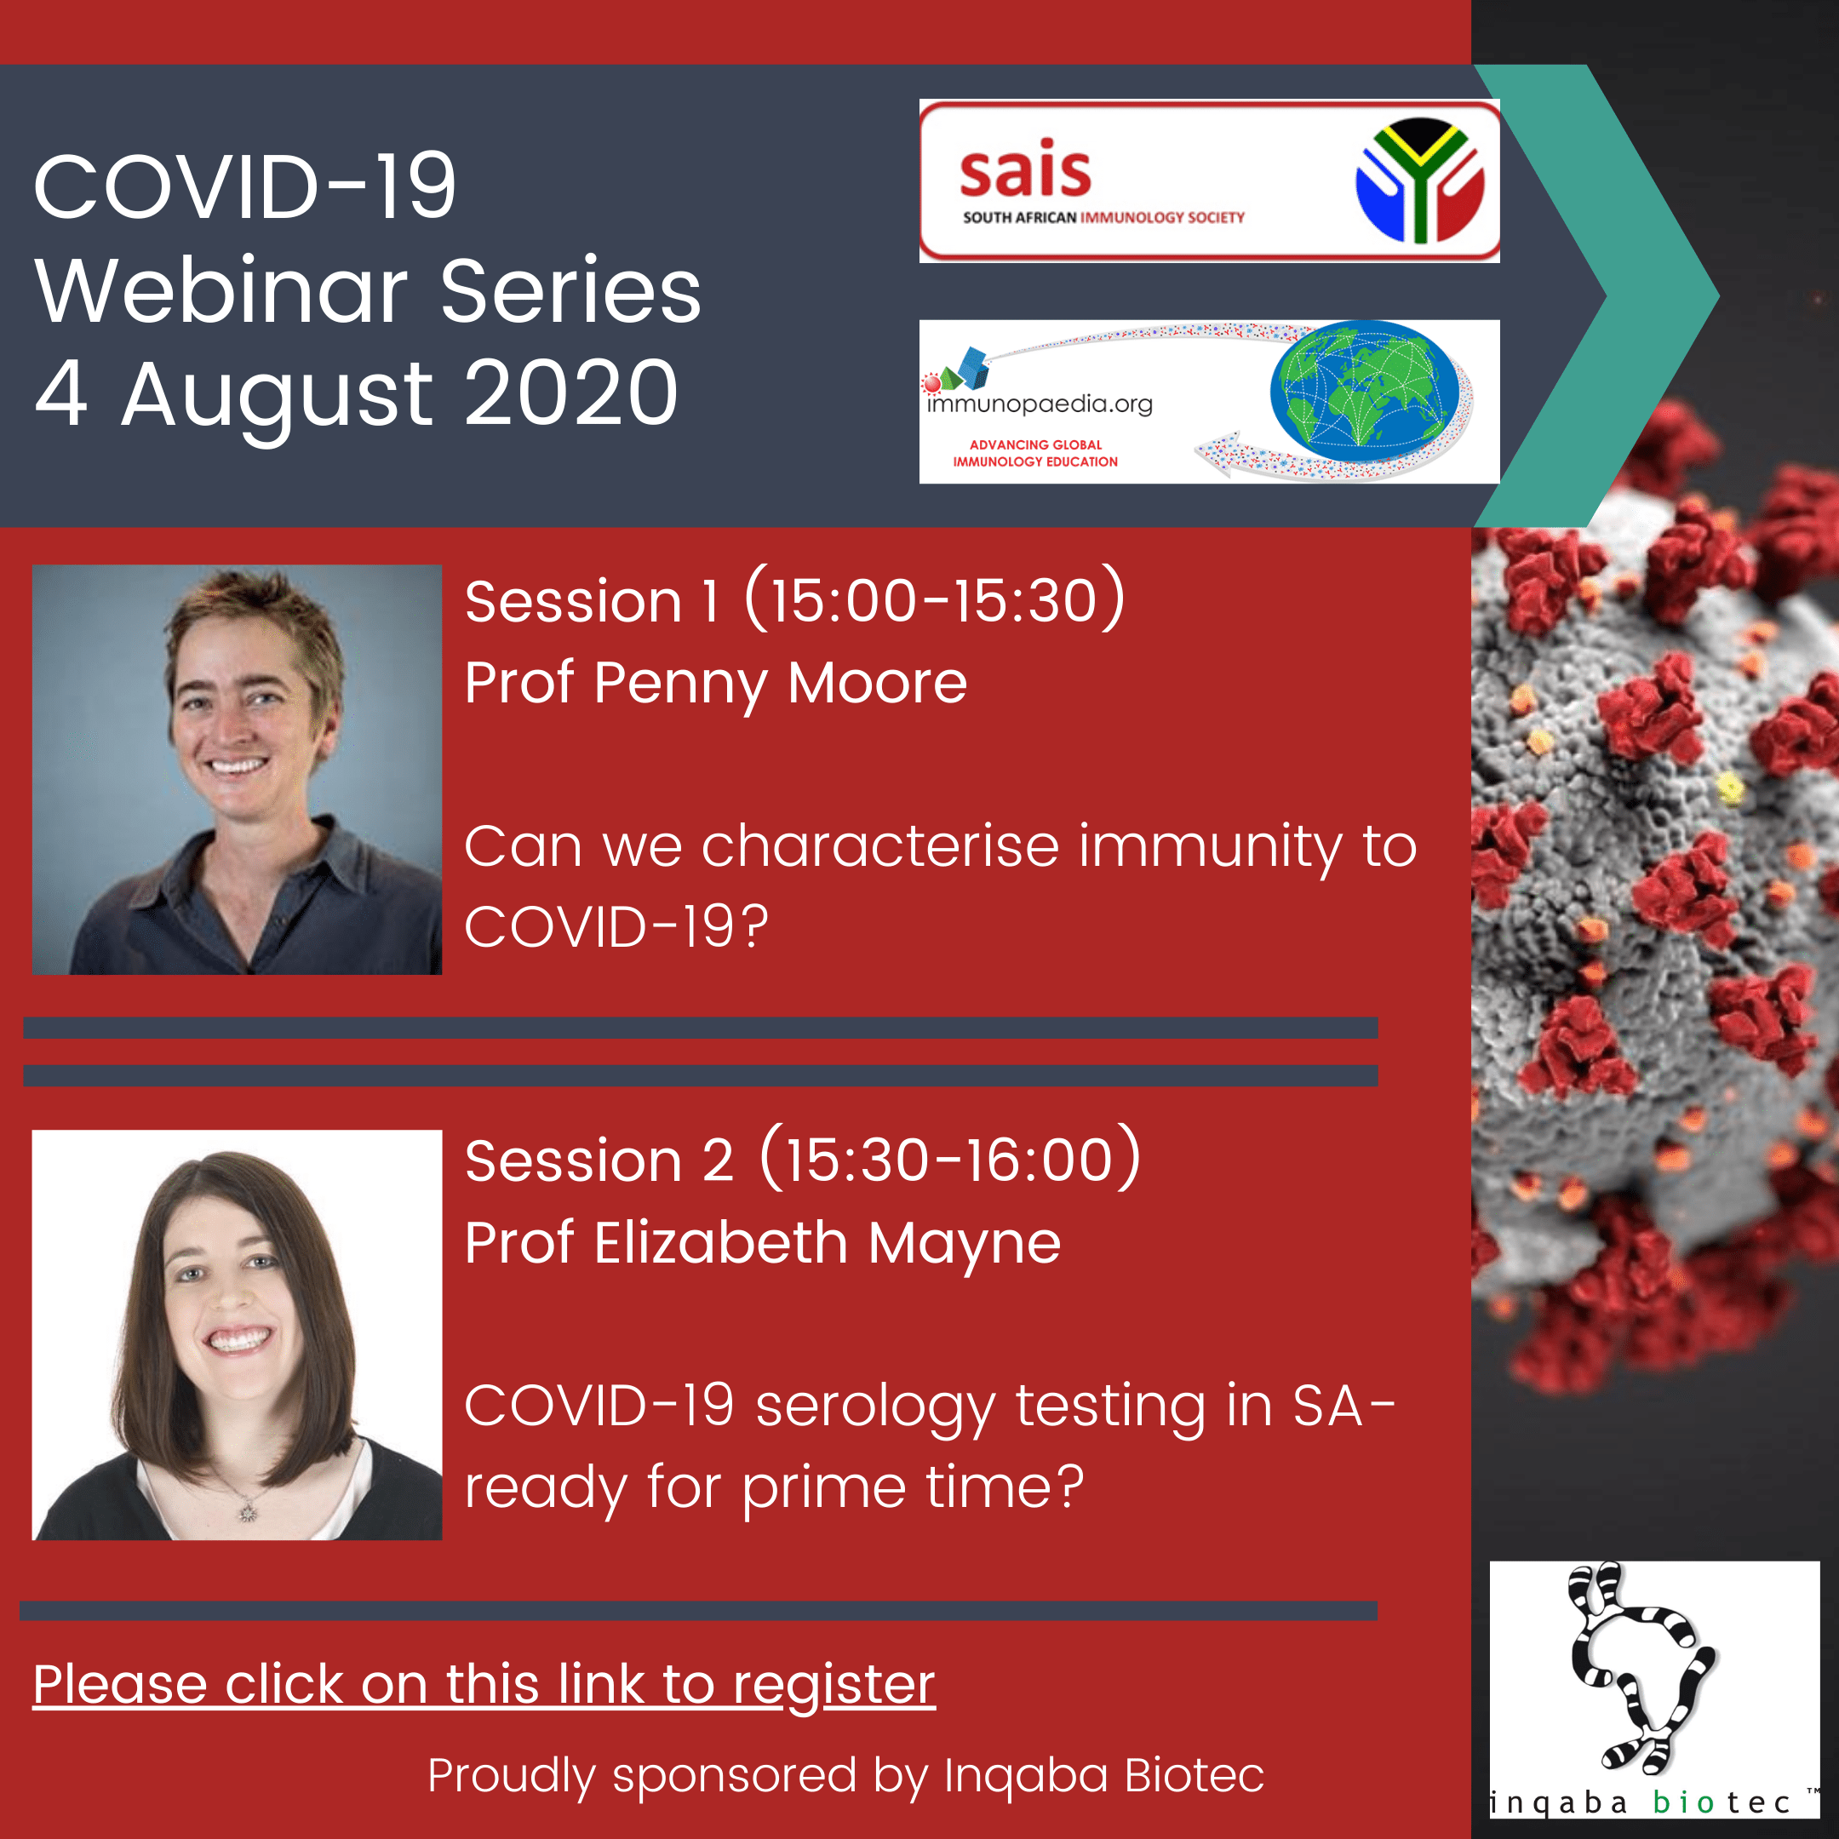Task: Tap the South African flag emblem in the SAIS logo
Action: coord(1419,179)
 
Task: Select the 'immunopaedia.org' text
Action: coord(1040,404)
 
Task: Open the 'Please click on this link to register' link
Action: coord(484,1684)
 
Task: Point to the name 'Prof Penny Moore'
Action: coord(716,684)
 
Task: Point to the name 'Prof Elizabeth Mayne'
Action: coord(763,1243)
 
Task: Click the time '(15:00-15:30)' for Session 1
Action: coord(935,599)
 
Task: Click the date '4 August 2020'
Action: coord(356,394)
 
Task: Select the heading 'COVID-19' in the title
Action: coord(244,186)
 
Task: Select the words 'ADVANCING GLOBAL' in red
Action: coord(1035,444)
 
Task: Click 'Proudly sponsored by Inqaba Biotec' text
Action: coord(845,1775)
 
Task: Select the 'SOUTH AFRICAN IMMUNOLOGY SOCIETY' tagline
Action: coord(1103,218)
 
